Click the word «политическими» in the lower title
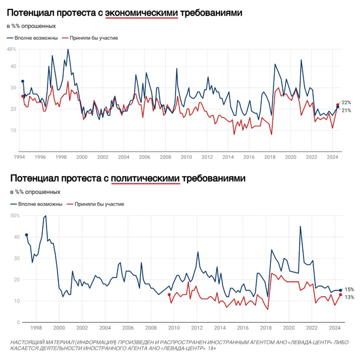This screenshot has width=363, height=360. click(145, 179)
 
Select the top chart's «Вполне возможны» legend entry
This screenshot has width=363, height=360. click(32, 38)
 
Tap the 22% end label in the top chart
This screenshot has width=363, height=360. click(346, 102)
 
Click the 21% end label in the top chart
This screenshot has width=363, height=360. click(346, 110)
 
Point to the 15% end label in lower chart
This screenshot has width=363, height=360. click(349, 290)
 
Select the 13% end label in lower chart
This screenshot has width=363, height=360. click(349, 297)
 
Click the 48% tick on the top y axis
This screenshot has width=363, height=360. click(12, 49)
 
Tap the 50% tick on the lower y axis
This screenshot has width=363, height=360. click(15, 216)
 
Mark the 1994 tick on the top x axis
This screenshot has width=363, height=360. click(19, 157)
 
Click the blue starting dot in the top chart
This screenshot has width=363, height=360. click(23, 81)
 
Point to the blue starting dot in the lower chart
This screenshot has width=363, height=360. click(26, 235)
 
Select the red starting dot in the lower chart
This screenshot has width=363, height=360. click(169, 294)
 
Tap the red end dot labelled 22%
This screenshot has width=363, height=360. click(338, 105)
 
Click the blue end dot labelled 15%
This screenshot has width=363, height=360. click(340, 290)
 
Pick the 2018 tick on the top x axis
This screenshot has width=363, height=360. click(269, 157)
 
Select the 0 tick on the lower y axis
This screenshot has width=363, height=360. click(18, 322)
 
